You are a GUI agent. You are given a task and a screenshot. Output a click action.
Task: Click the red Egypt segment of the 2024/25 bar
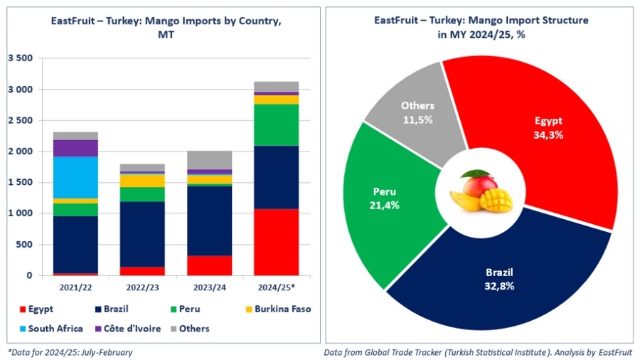[276, 242]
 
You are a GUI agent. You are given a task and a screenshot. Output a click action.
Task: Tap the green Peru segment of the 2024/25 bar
[276, 125]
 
